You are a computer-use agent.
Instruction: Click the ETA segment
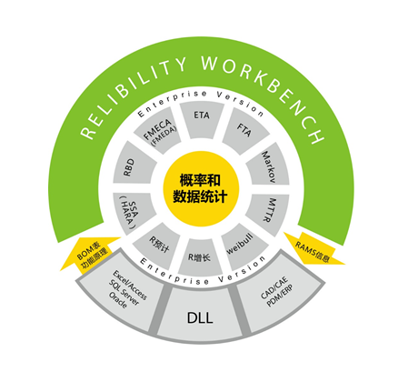pos(202,120)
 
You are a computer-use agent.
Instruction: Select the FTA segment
pos(244,131)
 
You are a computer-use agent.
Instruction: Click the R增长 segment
pos(200,257)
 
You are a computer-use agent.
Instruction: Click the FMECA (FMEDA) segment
pos(158,131)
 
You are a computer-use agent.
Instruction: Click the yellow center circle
pos(201,189)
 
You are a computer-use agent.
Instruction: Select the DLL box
pos(200,317)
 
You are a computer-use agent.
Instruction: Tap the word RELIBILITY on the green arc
pos(129,94)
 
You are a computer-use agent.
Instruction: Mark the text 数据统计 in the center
pos(200,197)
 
